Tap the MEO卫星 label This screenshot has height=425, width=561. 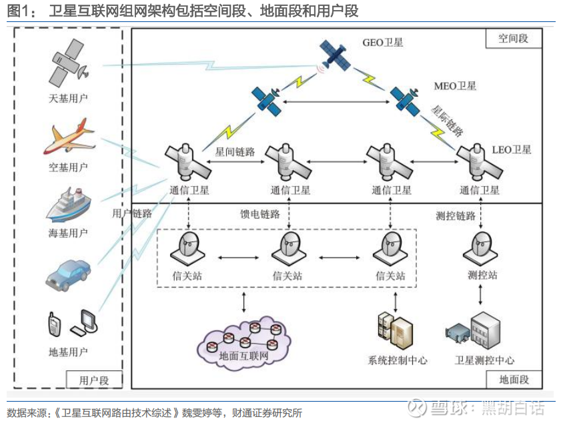(x=455, y=86)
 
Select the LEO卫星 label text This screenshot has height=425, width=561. (x=511, y=149)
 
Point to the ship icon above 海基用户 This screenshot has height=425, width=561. (x=67, y=205)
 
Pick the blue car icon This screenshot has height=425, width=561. (x=68, y=272)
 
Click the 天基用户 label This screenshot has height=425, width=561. (x=68, y=99)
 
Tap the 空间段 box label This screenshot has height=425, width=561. (x=513, y=39)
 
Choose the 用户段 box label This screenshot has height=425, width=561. (x=94, y=380)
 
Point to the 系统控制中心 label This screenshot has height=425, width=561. (x=398, y=360)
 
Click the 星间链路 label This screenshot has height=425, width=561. (x=235, y=151)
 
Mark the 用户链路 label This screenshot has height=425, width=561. (x=132, y=214)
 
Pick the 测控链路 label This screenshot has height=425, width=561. (x=456, y=216)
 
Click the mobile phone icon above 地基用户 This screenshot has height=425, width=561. (x=54, y=324)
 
